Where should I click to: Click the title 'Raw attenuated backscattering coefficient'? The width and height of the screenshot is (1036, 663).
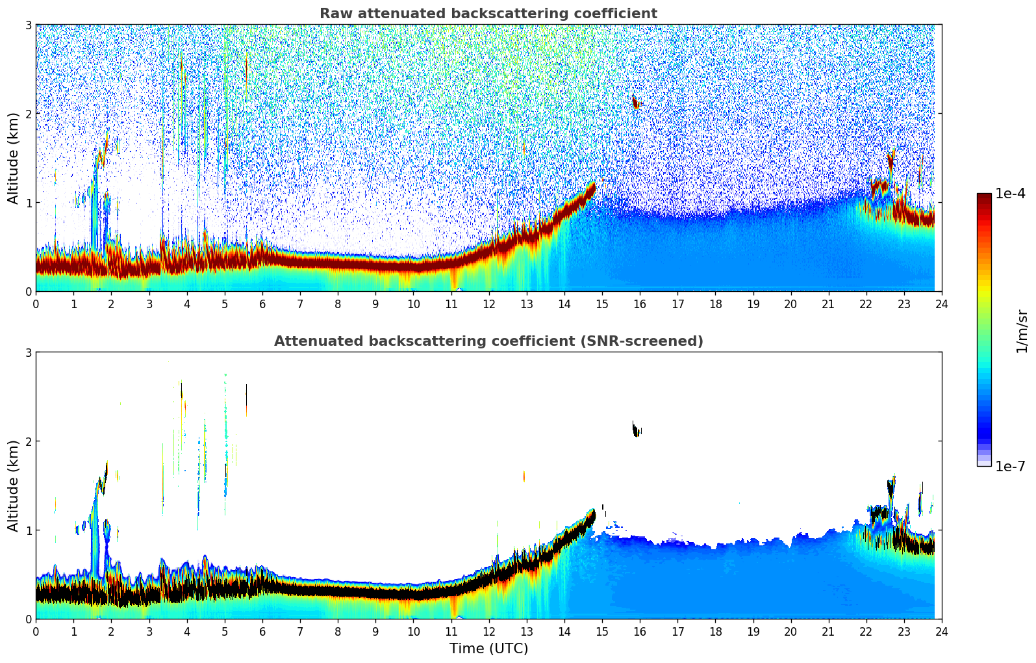[x=488, y=14]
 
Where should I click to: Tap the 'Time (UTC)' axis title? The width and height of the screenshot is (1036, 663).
[x=488, y=649]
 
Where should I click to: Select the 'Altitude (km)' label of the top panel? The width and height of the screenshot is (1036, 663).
[x=14, y=158]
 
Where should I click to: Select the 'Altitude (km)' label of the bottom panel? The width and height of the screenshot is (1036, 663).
[x=14, y=486]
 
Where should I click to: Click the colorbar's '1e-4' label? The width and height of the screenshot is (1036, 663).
[x=1010, y=194]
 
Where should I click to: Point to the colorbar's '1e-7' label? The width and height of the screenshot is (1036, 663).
[x=1010, y=467]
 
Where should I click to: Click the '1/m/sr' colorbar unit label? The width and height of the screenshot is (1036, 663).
[x=1022, y=331]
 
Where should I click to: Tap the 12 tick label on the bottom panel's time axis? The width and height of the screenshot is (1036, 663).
[x=488, y=632]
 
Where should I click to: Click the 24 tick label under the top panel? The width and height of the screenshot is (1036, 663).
[x=941, y=304]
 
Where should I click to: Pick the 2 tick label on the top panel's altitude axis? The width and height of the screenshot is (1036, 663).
[x=29, y=114]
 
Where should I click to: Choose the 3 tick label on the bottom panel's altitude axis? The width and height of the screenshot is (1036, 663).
[x=29, y=352]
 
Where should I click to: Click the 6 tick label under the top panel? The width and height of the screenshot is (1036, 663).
[x=262, y=304]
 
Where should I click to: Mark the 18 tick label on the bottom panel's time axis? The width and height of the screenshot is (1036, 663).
[x=715, y=632]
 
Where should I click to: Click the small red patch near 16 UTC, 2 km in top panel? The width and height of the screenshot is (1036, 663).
[x=635, y=103]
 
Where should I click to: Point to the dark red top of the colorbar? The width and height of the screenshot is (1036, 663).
[x=983, y=197]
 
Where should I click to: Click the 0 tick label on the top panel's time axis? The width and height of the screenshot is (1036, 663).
[x=36, y=304]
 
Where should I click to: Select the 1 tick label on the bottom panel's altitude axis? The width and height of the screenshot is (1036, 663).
[x=29, y=530]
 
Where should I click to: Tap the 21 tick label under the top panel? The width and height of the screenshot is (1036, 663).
[x=828, y=304]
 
